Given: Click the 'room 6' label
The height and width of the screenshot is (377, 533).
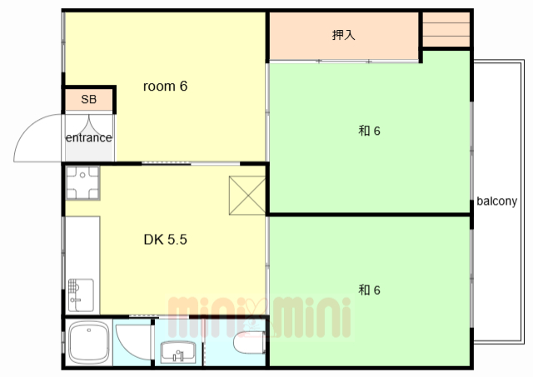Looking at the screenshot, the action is pos(165,87).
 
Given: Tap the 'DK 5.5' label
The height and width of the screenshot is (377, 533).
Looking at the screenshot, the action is pos(165,240).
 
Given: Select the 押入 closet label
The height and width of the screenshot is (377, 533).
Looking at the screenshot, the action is pos(344,35).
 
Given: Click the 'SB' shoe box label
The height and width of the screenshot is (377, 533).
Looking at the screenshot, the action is pos(89,99).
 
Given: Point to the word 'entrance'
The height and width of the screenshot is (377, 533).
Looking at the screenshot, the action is pos(89,137).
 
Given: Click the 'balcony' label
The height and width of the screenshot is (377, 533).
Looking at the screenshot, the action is pos(496,201).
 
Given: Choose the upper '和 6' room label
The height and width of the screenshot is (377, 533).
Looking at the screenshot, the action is pos(369,131).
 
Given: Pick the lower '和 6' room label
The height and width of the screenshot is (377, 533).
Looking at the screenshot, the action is pos(369,290).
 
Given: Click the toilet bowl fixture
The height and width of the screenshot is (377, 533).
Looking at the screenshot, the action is pos(249,342).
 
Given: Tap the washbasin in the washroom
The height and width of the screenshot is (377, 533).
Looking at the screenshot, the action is pos(178,352).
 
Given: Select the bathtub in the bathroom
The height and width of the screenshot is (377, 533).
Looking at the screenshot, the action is pos(89,343).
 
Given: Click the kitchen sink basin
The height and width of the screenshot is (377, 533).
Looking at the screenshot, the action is pos(81,295).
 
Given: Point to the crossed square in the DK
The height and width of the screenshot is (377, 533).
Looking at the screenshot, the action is pos(247,196).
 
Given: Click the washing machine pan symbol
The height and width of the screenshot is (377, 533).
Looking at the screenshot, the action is pos(82,183).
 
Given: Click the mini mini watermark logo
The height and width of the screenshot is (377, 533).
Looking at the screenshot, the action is pos(260,318).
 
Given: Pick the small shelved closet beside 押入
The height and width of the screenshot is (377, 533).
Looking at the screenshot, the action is pos(446,30).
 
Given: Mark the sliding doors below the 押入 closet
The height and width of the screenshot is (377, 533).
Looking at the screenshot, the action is pos(344,62).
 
